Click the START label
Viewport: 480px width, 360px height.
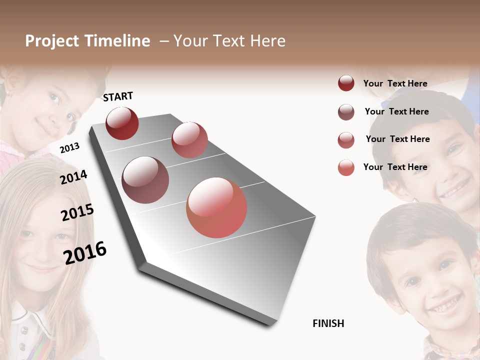point(118,96)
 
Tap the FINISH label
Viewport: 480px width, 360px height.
point(328,323)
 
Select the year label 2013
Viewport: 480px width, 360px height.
point(69,148)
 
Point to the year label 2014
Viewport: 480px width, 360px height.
point(73,177)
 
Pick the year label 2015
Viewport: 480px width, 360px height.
point(77,212)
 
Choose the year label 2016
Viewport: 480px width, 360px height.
point(85,252)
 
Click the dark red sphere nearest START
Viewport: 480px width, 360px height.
point(122,123)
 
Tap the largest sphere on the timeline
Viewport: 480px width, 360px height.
point(216,207)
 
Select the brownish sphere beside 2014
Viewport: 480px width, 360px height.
point(145,180)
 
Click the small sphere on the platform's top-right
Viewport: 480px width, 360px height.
point(189,139)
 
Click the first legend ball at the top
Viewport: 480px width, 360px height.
point(346,83)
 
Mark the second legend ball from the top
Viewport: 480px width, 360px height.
point(346,112)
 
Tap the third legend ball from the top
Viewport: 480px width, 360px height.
point(346,140)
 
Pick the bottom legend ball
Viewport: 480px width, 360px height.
point(346,167)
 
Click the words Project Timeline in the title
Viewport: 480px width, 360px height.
point(87,41)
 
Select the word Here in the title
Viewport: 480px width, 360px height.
point(267,41)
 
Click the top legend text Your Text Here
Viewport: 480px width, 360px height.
point(395,83)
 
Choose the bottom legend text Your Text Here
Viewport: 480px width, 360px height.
point(395,167)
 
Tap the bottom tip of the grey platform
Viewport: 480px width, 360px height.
point(270,324)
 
